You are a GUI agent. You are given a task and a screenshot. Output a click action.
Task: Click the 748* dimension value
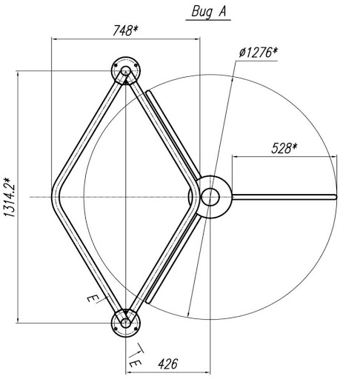(x=125, y=31)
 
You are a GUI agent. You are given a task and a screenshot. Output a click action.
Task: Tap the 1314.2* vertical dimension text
(x=10, y=197)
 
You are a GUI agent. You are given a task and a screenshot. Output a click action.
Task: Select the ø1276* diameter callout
(x=259, y=53)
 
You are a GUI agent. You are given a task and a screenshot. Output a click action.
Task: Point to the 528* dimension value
(x=284, y=148)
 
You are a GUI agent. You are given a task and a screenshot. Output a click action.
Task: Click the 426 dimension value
(x=168, y=364)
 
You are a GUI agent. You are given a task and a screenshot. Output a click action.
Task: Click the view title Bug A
(x=208, y=12)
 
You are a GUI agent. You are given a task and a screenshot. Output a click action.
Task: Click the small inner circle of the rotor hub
(x=210, y=197)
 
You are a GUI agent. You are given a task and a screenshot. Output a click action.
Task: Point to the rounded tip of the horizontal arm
(x=335, y=197)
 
